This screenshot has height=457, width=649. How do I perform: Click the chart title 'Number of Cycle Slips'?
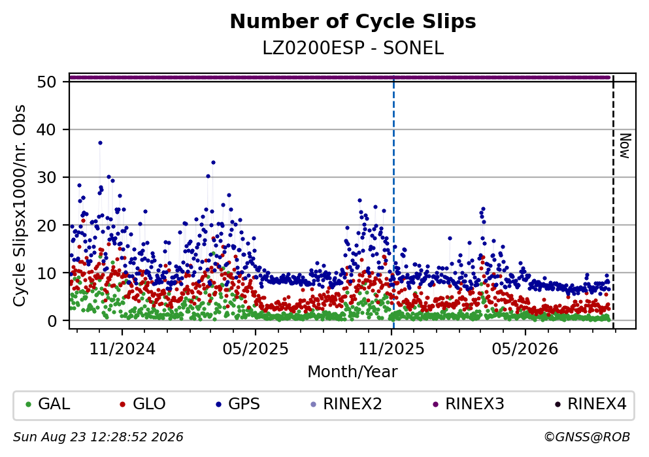pyautogui.click(x=353, y=22)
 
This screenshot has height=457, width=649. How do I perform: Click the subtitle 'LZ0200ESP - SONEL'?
pyautogui.click(x=353, y=48)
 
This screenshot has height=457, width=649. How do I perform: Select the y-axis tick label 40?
pyautogui.click(x=46, y=129)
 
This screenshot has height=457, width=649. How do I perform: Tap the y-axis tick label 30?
pyautogui.click(x=46, y=177)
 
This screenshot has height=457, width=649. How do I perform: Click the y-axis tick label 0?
pyautogui.click(x=52, y=321)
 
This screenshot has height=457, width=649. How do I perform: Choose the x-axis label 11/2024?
pyautogui.click(x=122, y=349)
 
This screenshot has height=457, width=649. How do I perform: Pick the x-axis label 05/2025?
pyautogui.click(x=256, y=349)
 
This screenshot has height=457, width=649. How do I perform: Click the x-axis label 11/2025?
pyautogui.click(x=391, y=349)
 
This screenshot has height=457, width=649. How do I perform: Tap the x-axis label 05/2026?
pyautogui.click(x=525, y=349)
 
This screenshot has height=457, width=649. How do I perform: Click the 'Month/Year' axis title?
pyautogui.click(x=352, y=372)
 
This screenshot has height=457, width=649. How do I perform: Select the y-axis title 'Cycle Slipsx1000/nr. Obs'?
pyautogui.click(x=20, y=206)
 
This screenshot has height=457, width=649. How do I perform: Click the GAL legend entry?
pyautogui.click(x=48, y=404)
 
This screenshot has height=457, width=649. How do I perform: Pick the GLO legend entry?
pyautogui.click(x=142, y=404)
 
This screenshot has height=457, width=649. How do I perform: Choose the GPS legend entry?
pyautogui.click(x=238, y=404)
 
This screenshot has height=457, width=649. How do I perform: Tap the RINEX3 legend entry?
pyautogui.click(x=468, y=404)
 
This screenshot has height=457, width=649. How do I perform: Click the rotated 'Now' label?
pyautogui.click(x=625, y=146)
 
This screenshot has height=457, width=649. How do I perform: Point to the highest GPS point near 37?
pyautogui.click(x=100, y=143)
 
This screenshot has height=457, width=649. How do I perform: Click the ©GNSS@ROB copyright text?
pyautogui.click(x=587, y=437)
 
